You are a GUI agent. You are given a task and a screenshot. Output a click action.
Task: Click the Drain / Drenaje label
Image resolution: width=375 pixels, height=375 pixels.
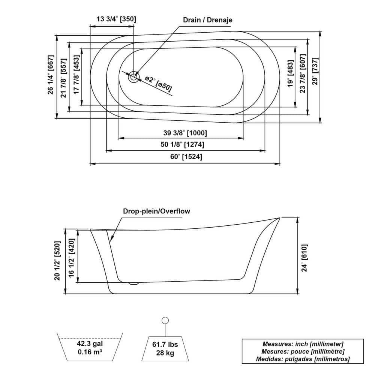coord(207,20)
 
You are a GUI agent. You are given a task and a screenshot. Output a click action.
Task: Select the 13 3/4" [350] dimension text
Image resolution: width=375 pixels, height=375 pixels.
coord(116,19)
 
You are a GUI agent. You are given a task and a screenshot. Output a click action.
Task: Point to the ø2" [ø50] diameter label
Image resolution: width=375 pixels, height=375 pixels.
coord(158,84)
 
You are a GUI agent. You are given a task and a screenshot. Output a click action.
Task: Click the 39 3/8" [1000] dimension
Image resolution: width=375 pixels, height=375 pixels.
coord(185,133)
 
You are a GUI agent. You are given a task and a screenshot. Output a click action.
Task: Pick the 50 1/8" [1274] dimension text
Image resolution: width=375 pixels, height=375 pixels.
coord(183,144)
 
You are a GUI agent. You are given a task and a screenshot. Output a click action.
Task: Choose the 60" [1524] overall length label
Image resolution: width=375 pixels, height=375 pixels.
coord(185,157)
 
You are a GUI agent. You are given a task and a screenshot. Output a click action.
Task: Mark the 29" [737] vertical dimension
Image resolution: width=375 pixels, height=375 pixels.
coord(315,76)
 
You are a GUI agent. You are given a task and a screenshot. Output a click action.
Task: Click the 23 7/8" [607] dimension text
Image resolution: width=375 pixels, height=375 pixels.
coord(303,73)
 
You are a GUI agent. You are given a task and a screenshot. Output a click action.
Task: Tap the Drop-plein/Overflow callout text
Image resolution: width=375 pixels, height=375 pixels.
coord(156,211)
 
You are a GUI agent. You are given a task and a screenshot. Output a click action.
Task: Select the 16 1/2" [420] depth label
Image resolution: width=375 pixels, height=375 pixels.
coord(71,258)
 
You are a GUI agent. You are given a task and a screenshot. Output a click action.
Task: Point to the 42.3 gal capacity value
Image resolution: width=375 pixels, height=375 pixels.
coord(90,343)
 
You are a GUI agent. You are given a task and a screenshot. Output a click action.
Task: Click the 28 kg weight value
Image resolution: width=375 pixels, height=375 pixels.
coord(165,352)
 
